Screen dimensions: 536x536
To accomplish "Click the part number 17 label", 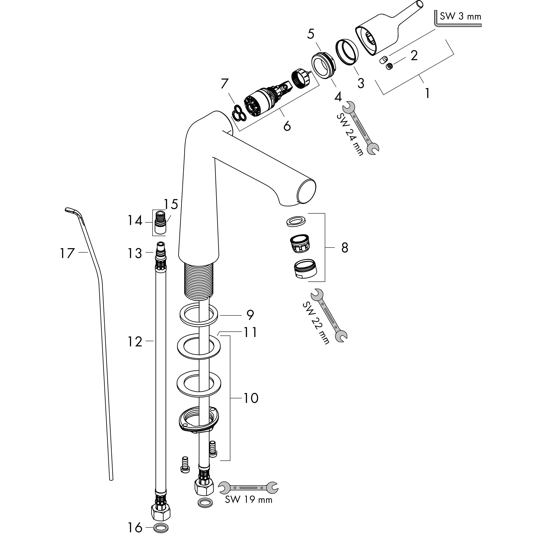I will click(67, 253).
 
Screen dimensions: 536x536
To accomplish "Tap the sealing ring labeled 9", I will click(199, 315).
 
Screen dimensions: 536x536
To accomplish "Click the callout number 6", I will click(287, 126).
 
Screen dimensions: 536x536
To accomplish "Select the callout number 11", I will click(250, 332).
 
